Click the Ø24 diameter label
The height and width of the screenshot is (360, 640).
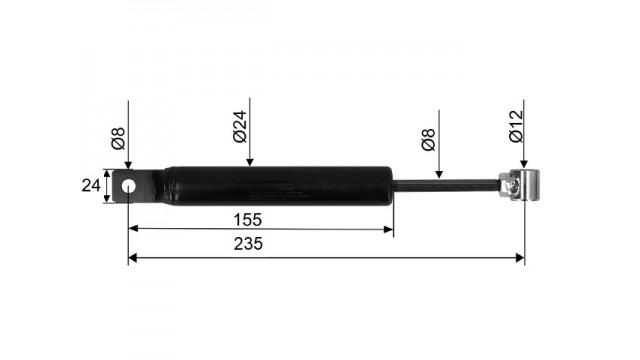tap(240, 126)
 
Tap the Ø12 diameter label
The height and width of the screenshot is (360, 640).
tap(516, 126)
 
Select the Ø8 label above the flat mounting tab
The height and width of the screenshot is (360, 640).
tap(118, 138)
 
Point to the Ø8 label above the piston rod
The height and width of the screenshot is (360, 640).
tap(429, 140)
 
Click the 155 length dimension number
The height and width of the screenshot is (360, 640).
tap(247, 220)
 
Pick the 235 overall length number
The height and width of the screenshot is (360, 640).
tap(248, 244)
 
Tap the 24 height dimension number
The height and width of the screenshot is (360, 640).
tap(91, 186)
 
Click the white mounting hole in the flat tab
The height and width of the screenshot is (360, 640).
tap(129, 187)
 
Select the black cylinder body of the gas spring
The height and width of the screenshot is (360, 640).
tap(278, 186)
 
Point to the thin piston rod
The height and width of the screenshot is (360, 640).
tap(446, 186)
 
